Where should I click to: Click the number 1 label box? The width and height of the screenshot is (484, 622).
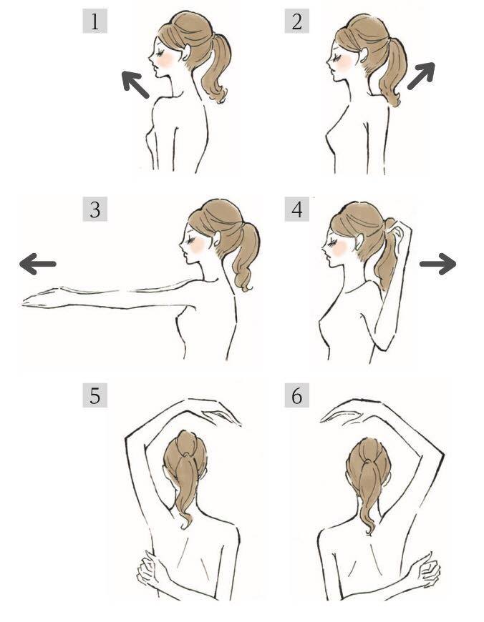pyautogui.click(x=95, y=21)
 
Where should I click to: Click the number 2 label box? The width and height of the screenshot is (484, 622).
pyautogui.click(x=297, y=21)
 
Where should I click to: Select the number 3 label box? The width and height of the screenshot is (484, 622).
pyautogui.click(x=95, y=209)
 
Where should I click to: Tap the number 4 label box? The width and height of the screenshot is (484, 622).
pyautogui.click(x=297, y=209)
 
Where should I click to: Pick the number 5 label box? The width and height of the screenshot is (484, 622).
pyautogui.click(x=95, y=395)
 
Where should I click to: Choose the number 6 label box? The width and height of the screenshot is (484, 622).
pyautogui.click(x=297, y=395)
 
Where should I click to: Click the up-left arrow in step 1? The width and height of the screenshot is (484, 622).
pyautogui.click(x=135, y=84)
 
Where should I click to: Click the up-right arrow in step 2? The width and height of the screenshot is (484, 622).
pyautogui.click(x=421, y=76)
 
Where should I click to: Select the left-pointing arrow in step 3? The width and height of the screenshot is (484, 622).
pyautogui.click(x=38, y=264)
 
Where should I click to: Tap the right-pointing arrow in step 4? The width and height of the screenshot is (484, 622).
pyautogui.click(x=438, y=264)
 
